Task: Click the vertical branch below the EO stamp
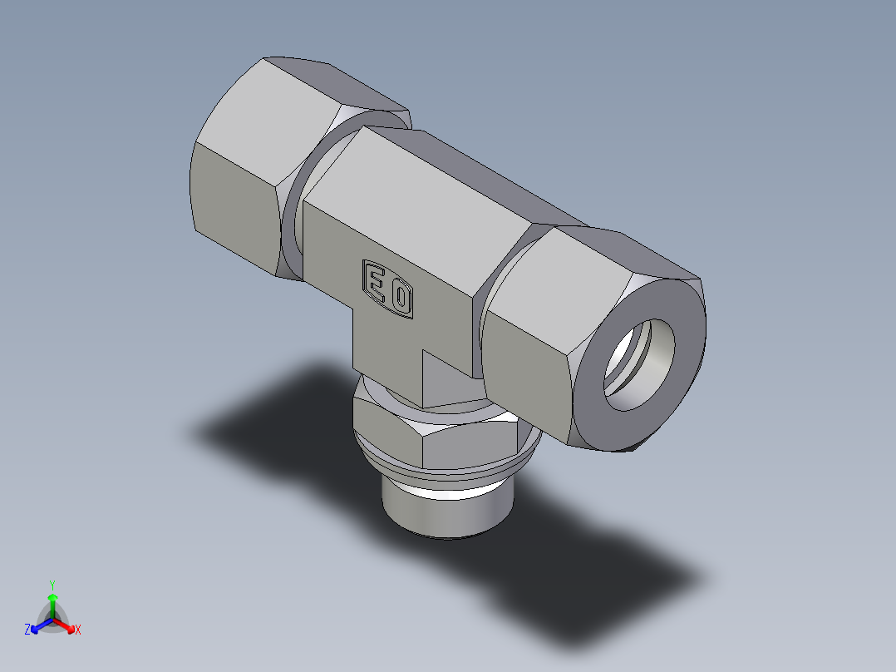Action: (x=386, y=349)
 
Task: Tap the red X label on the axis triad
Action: (x=78, y=630)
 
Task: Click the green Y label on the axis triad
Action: (x=52, y=584)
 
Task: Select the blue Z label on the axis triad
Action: (x=27, y=630)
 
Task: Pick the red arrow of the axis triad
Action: (x=66, y=625)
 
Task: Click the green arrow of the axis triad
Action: (x=52, y=602)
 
